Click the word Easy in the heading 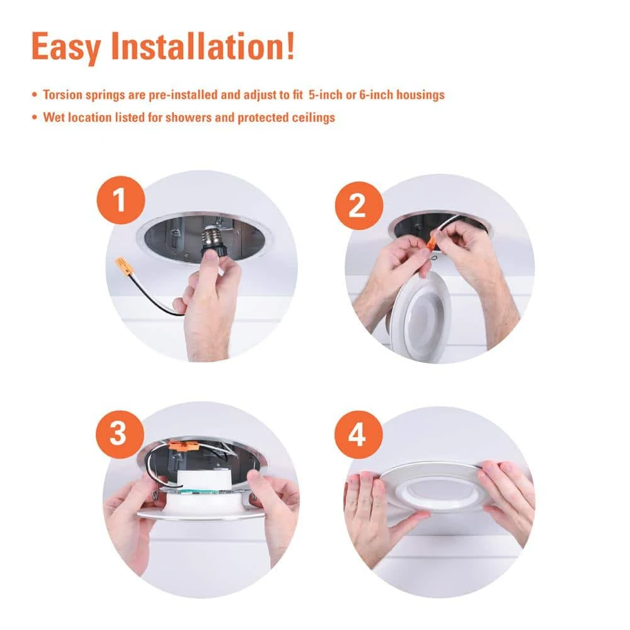pos(66,47)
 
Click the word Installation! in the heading pos(203,46)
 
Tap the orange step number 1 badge pos(121,200)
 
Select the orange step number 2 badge pos(359,206)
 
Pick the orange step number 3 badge pos(120,434)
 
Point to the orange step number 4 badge pos(358,434)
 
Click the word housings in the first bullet pos(421,95)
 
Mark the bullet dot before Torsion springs pos(35,95)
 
